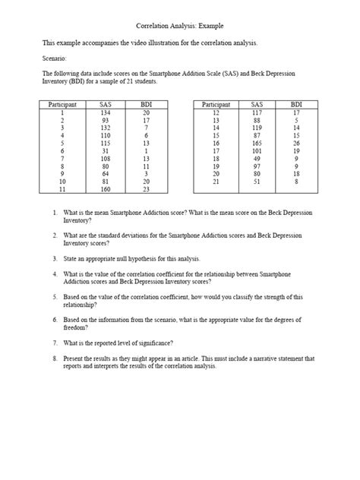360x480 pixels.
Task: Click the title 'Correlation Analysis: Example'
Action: [179, 26]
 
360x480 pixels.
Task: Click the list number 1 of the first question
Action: [55, 213]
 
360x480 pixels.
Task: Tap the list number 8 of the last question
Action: [55, 358]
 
